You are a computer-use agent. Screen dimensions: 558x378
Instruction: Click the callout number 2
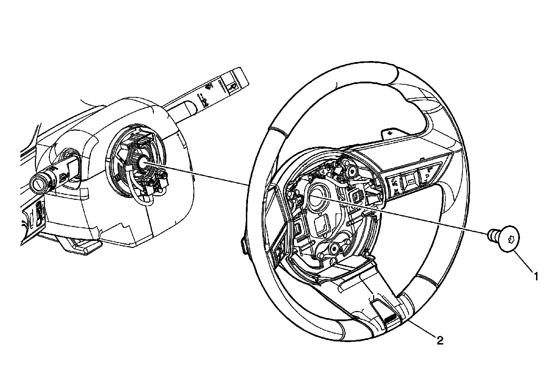[440, 340]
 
